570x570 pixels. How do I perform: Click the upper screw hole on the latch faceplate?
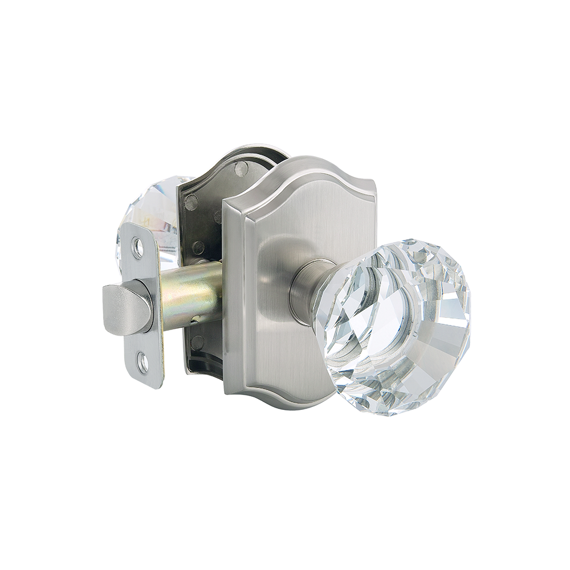coord(138,247)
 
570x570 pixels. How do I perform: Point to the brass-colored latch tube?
coord(191,296)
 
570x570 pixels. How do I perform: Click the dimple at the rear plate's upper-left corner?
coord(192,201)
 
